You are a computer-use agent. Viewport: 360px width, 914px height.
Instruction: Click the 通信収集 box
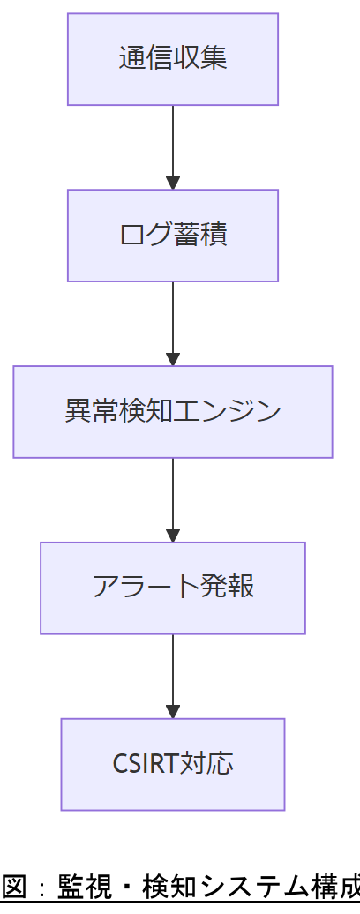pyautogui.click(x=173, y=59)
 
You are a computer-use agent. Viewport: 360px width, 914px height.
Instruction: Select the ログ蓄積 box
pyautogui.click(x=173, y=236)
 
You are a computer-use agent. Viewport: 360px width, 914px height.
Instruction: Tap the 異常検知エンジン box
pyautogui.click(x=173, y=412)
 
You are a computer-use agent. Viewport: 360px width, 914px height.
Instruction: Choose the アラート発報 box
pyautogui.click(x=173, y=588)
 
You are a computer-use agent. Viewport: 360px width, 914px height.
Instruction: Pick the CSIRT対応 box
pyautogui.click(x=173, y=764)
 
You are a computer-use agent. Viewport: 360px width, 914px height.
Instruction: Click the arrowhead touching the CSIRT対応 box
pyautogui.click(x=173, y=711)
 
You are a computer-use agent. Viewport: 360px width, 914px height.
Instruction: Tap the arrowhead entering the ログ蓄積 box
pyautogui.click(x=173, y=183)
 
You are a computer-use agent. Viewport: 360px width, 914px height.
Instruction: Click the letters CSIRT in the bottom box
pyautogui.click(x=146, y=764)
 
